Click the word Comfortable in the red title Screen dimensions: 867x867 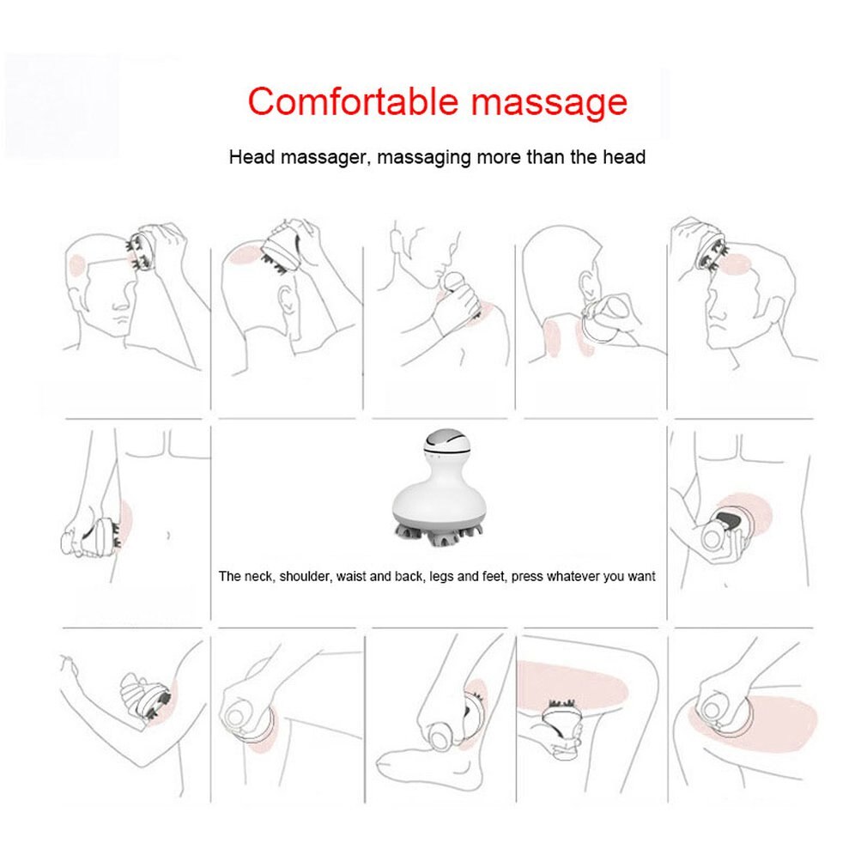click(x=354, y=101)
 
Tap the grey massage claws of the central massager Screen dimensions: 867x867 click(x=434, y=535)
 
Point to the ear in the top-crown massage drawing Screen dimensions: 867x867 click(x=287, y=302)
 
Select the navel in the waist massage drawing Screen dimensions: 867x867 click(x=168, y=536)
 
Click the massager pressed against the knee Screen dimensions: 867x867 click(x=248, y=718)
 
